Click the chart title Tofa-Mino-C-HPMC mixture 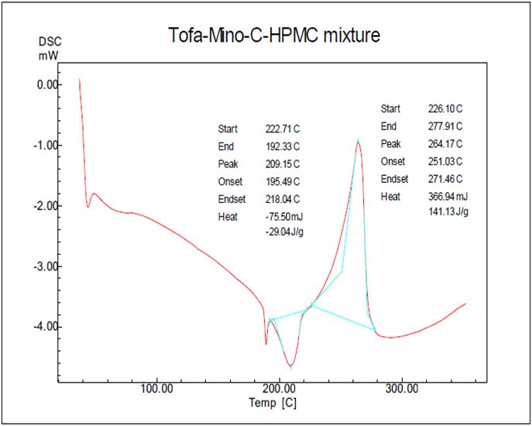274,36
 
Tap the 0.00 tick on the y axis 49,84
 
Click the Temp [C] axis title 272,404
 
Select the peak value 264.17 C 445,144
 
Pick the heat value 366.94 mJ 447,198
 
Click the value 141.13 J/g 445,211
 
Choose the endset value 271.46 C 445,180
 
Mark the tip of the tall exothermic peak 358,139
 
